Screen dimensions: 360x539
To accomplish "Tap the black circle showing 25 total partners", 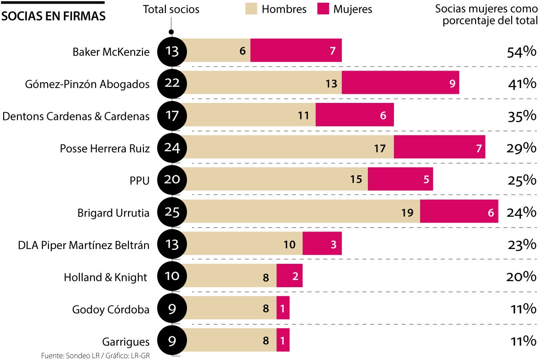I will pos(172,212).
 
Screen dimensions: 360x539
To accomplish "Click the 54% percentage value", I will pos(521,52).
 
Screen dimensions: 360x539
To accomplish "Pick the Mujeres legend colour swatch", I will pos(323,9).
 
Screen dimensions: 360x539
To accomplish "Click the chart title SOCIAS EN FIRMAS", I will pos(54,16).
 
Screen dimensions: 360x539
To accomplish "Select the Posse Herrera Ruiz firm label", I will pos(105,148).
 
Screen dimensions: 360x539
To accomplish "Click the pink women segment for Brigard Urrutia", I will pos(459,212).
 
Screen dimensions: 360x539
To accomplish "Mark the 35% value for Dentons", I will pos(521,116).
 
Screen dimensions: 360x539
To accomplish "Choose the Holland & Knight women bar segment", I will pos(289,276).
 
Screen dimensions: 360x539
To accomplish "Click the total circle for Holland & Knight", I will pos(172,276).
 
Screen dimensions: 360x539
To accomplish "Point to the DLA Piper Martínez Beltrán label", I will pos(84,245).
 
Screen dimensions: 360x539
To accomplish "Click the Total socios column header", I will pos(171,9).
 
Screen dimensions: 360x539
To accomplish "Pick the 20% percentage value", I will pos(521,277).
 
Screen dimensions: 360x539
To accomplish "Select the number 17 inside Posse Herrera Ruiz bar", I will pos(380,148).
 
